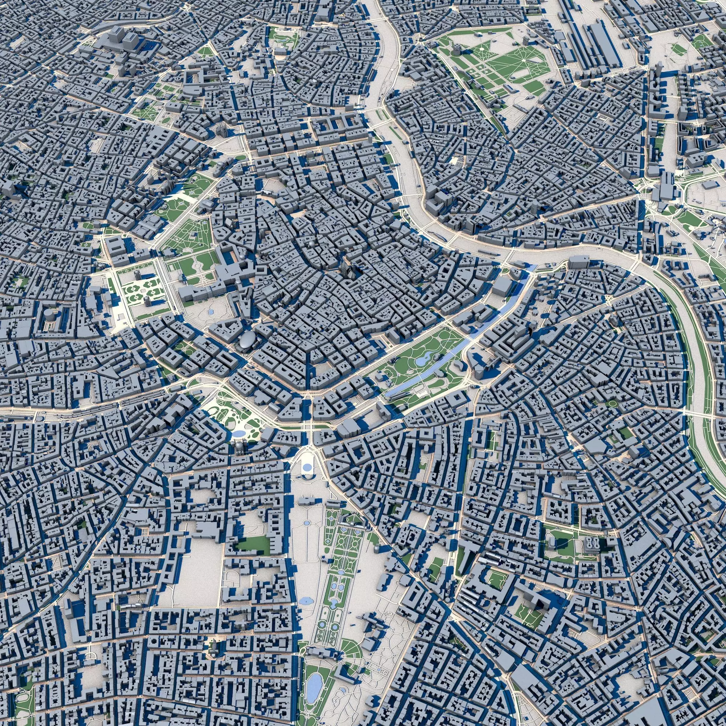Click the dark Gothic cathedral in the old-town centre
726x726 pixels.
coord(345,270)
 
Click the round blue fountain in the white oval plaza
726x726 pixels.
coord(307,468)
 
